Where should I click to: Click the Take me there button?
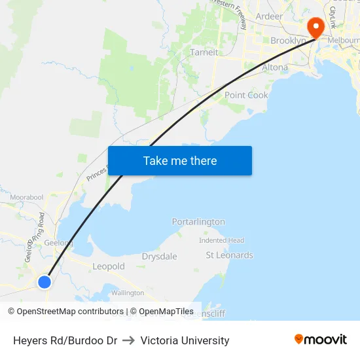click(x=180, y=160)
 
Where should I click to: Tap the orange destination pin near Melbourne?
click(x=316, y=27)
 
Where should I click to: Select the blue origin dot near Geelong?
click(x=44, y=282)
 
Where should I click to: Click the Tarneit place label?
click(x=204, y=52)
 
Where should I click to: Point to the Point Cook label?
click(x=246, y=95)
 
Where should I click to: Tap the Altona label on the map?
click(x=274, y=67)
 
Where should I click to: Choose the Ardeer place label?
click(x=269, y=16)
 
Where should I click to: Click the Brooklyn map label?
click(x=288, y=41)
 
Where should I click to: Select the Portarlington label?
click(x=198, y=222)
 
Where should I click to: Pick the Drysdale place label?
click(x=160, y=257)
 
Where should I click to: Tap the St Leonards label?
click(x=229, y=255)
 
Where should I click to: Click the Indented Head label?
click(x=221, y=240)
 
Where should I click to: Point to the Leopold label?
click(x=109, y=266)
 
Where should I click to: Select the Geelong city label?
click(x=59, y=243)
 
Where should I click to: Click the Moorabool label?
click(x=27, y=196)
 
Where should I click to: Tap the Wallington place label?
click(x=128, y=293)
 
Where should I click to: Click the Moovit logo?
click(x=321, y=340)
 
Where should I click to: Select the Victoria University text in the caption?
click(x=185, y=340)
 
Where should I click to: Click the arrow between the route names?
click(x=129, y=340)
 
